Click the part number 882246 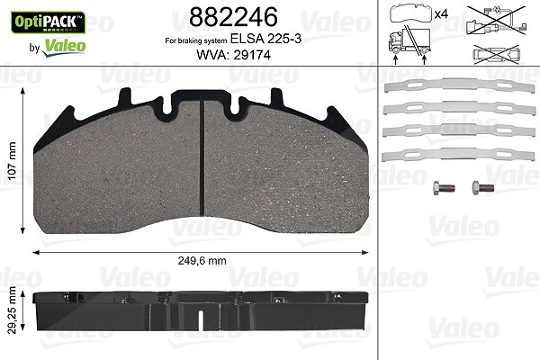coord(233,17)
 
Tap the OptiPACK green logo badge coord(48,22)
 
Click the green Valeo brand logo coord(64,47)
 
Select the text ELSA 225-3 coord(265,39)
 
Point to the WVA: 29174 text coord(233,55)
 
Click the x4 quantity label coord(441,14)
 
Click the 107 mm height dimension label coord(12,160)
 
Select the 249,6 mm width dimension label coord(202,261)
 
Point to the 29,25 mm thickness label coord(12,310)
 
